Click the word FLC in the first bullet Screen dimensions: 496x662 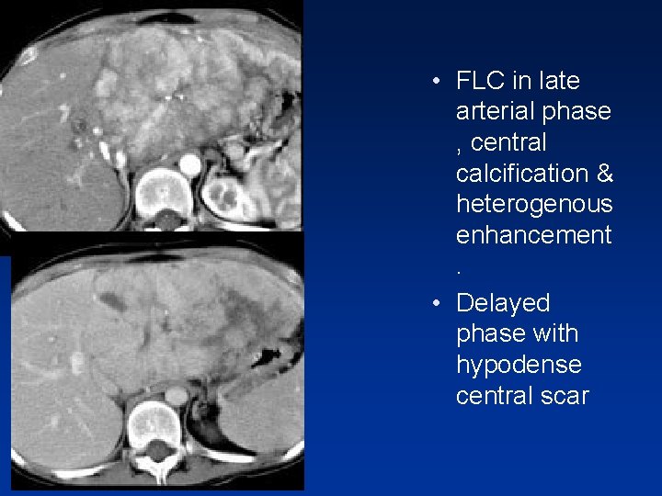pyautogui.click(x=480, y=81)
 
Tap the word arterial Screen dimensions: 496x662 pyautogui.click(x=497, y=111)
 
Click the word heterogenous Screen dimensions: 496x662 pyautogui.click(x=533, y=204)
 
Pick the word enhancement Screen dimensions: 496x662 pyautogui.click(x=533, y=235)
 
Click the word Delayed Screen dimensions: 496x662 pyautogui.click(x=502, y=303)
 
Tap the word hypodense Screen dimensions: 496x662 pyautogui.click(x=519, y=365)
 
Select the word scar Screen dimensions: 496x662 pyautogui.click(x=562, y=396)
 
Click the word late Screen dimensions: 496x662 pyautogui.click(x=559, y=81)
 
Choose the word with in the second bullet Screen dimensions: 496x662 pyautogui.click(x=558, y=333)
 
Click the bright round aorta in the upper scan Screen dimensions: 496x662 pyautogui.click(x=190, y=165)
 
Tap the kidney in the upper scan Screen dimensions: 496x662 pyautogui.click(x=223, y=196)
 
